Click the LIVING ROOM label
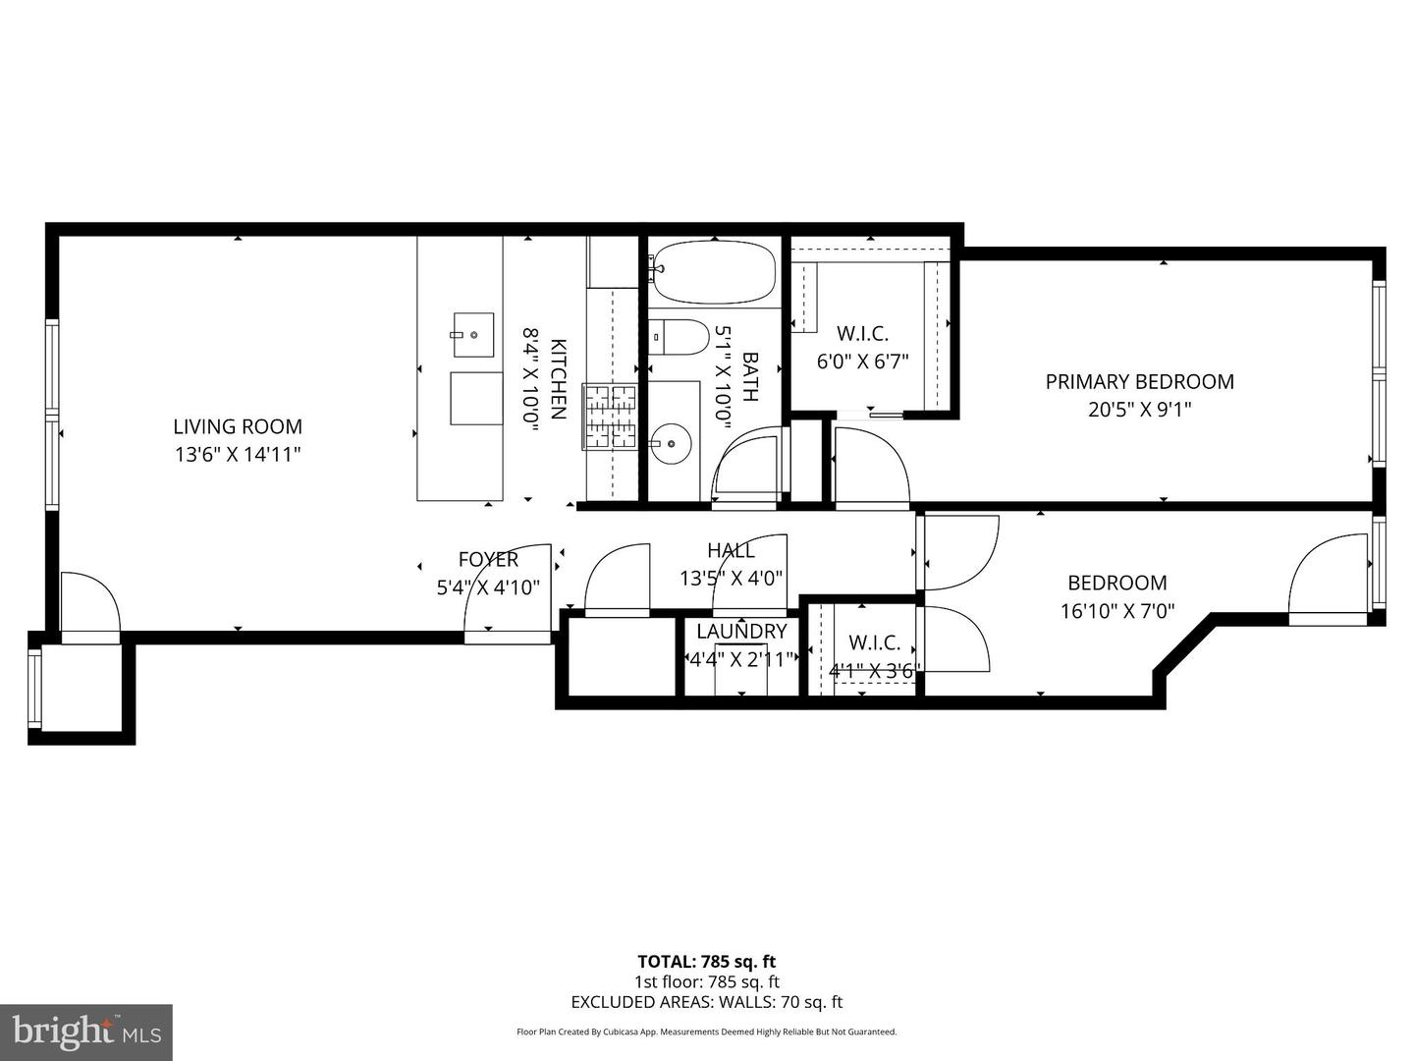coord(238,426)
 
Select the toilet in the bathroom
coord(680,337)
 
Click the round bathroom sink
coord(671,444)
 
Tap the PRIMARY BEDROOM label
coord(1139,381)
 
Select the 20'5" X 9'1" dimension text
coord(1139,410)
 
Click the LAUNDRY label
coord(741,631)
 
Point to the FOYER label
coord(488,559)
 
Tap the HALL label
coord(731,550)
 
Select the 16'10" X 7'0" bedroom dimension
coord(1117,611)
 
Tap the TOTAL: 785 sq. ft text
coord(706,962)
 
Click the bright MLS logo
coord(86,1032)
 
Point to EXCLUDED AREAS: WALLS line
coord(706,1002)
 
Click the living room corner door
coord(88,604)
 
